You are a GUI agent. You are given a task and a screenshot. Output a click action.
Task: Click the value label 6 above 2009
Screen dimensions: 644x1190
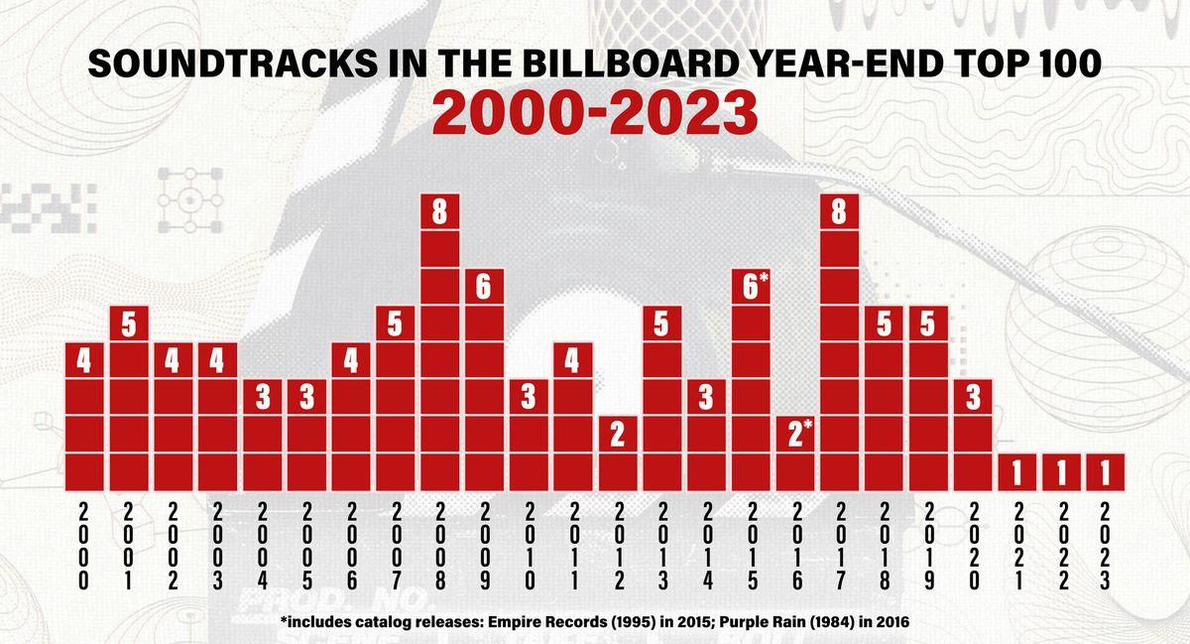click(483, 286)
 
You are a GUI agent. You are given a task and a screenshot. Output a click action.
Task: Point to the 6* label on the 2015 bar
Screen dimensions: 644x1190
click(751, 286)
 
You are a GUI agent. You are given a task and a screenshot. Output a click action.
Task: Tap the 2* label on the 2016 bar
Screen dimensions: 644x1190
click(795, 434)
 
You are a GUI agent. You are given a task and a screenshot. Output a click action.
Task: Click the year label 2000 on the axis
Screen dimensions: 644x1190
click(83, 548)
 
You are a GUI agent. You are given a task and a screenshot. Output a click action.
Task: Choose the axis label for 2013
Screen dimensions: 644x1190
click(661, 548)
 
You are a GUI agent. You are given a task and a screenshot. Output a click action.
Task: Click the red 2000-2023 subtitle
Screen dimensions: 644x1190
click(594, 115)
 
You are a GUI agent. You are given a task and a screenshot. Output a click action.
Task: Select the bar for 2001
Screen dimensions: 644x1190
click(128, 397)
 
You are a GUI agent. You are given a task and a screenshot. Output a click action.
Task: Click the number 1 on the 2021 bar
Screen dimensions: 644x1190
click(1016, 474)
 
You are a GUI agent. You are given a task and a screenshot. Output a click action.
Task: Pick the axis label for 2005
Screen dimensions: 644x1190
click(306, 548)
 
